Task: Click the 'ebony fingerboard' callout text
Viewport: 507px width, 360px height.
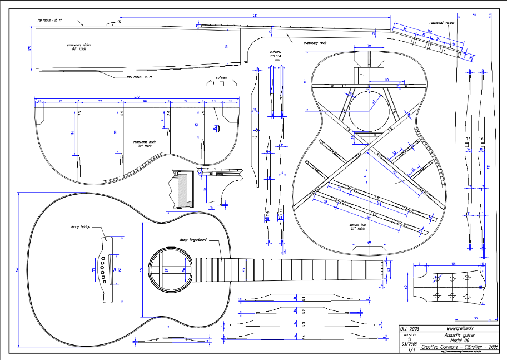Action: pyautogui.click(x=192, y=240)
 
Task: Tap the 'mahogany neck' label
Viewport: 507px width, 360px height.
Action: pyautogui.click(x=315, y=42)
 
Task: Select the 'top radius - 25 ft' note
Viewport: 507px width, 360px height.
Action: pyautogui.click(x=51, y=21)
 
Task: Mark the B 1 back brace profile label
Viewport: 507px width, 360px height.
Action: pyautogui.click(x=304, y=299)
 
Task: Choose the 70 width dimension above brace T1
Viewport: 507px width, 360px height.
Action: pyautogui.click(x=369, y=46)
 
